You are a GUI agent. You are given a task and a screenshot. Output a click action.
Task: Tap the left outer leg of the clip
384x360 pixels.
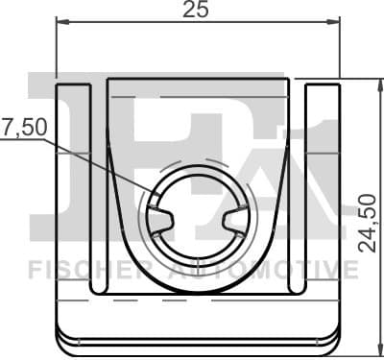73,192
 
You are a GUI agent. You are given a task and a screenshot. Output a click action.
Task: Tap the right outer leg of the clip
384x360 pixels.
324,192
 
